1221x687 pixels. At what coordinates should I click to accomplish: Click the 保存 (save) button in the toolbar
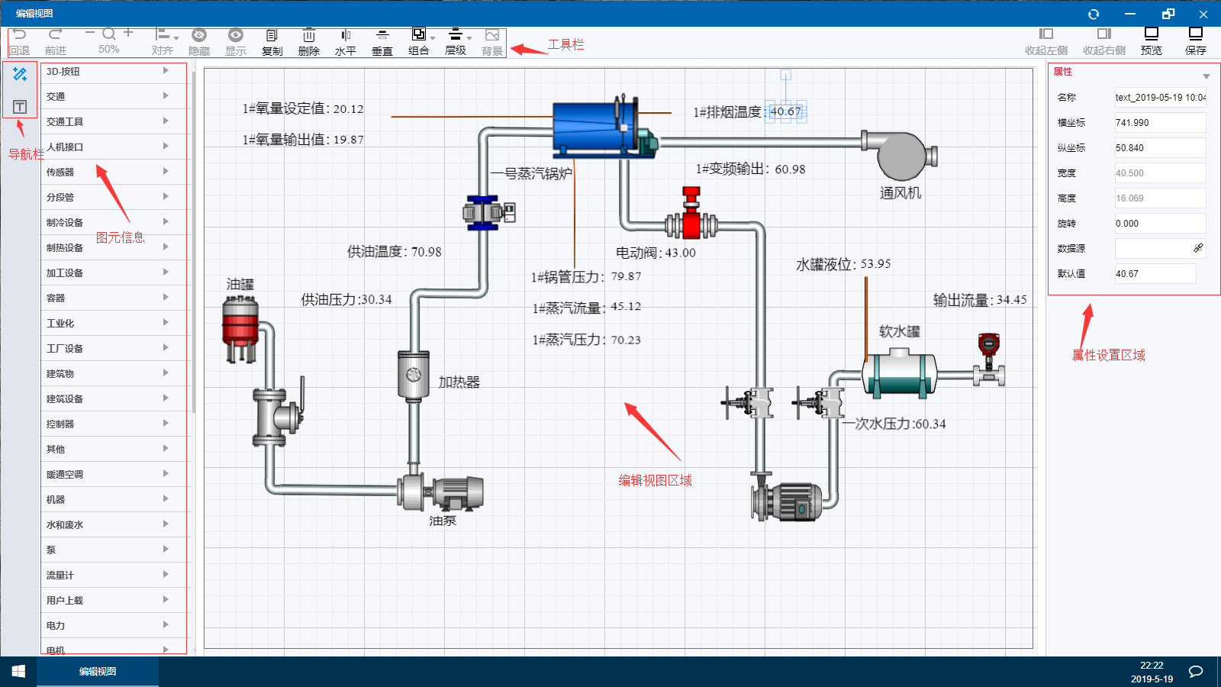coord(1195,40)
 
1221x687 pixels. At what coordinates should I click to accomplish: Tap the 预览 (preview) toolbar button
coord(1151,40)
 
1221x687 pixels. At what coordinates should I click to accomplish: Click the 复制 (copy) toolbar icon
coord(272,41)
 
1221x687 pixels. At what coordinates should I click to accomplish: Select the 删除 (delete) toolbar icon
coord(308,41)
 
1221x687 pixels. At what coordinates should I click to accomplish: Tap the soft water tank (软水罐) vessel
coord(899,372)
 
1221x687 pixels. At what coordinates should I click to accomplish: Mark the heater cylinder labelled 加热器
coord(413,374)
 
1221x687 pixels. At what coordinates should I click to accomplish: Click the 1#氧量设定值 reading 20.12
coord(348,109)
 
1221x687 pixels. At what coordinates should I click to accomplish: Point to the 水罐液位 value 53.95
coord(875,264)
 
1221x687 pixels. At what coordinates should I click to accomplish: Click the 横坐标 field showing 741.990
coord(1159,122)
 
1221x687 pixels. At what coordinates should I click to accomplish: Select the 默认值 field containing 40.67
coord(1155,273)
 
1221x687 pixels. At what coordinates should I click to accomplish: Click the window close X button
coord(1203,14)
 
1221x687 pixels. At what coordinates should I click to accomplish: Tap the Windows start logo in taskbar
coord(18,671)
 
